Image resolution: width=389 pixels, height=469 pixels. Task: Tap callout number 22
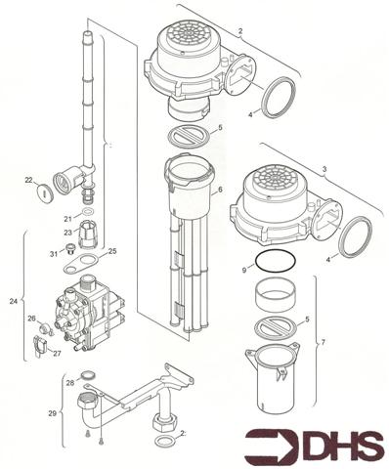[30, 180]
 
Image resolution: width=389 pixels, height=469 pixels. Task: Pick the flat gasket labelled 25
[78, 262]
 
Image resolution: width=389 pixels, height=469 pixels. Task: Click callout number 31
[53, 254]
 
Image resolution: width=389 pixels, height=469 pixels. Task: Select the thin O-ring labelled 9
[272, 262]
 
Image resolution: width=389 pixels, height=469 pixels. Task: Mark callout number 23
[66, 232]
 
